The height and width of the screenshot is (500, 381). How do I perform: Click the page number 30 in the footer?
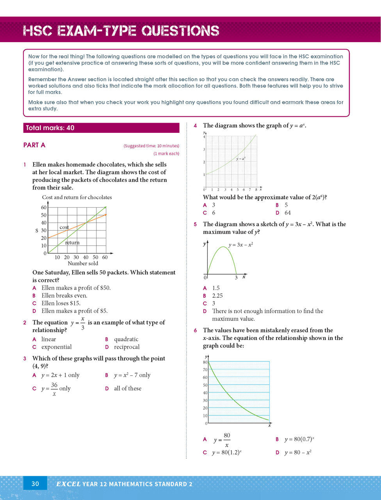[x=35, y=484]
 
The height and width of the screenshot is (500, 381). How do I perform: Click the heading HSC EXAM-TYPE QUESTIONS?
[x=121, y=31]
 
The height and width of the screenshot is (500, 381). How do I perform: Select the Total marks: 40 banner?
[x=101, y=128]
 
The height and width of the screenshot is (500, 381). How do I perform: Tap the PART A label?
[x=34, y=145]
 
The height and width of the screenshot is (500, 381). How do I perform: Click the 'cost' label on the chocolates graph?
[x=64, y=227]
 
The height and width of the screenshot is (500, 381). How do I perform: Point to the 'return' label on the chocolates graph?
[x=72, y=243]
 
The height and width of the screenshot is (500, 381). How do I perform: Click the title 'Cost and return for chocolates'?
[x=77, y=197]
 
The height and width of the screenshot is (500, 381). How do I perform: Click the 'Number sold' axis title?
[x=83, y=263]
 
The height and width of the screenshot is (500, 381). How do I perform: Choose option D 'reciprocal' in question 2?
[x=126, y=347]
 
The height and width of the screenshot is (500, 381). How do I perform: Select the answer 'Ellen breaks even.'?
[x=64, y=295]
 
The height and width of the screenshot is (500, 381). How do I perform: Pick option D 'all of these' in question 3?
[x=127, y=388]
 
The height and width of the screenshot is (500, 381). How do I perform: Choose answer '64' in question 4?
[x=287, y=213]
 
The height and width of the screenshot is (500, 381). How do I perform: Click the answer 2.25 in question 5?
[x=217, y=296]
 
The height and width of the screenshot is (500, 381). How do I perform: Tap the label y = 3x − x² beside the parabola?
[x=240, y=245]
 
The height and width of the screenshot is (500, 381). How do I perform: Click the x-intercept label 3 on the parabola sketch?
[x=236, y=278]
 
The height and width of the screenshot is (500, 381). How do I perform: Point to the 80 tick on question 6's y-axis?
[x=205, y=362]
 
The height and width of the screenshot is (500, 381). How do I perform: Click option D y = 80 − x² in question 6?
[x=297, y=452]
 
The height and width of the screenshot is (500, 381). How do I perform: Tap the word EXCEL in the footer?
[x=68, y=484]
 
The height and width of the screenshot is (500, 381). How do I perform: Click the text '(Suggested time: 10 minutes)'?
[x=151, y=146]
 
